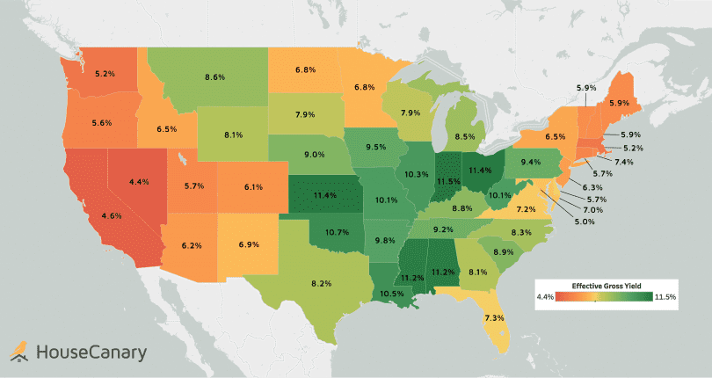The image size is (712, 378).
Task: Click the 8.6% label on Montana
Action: pos(214,77)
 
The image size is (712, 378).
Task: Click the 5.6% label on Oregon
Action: pos(100,123)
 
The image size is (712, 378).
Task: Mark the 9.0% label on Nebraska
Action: pos(314,155)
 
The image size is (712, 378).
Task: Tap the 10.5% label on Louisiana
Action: pos(392,294)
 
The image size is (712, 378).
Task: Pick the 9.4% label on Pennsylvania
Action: pos(530,163)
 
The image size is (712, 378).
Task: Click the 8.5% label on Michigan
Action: pos(467,136)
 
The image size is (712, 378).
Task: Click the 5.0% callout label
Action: pos(585,222)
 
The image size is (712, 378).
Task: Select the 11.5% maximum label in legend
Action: pos(665,298)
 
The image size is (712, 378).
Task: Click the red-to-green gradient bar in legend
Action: pos(606,298)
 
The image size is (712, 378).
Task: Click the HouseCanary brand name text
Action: pos(91,353)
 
